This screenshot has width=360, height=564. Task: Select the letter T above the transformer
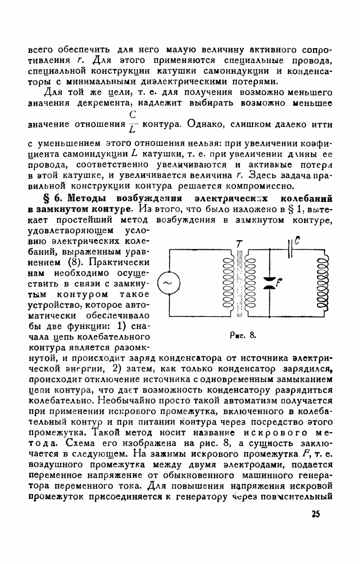point(238,243)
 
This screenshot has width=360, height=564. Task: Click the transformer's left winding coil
point(225,284)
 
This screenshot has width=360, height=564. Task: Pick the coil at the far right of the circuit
point(323,284)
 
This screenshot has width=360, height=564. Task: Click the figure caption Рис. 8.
point(244,336)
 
